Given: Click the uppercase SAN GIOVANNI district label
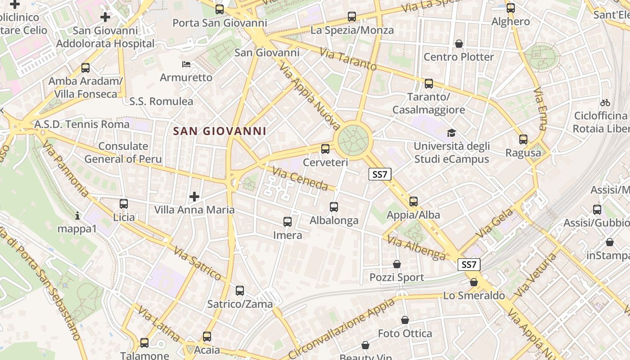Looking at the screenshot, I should click(x=220, y=131).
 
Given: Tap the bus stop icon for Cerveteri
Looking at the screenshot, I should click(x=325, y=148).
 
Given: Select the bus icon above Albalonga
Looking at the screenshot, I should click(x=334, y=207).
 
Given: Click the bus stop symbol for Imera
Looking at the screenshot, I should click(x=288, y=222).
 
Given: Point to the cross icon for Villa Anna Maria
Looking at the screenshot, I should click(x=194, y=197).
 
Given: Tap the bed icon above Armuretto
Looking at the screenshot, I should click(x=186, y=64).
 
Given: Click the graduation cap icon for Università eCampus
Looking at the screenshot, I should click(x=451, y=133).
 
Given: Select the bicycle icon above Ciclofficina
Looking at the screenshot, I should click(x=605, y=103).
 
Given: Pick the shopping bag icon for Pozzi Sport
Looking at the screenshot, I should click(x=397, y=264).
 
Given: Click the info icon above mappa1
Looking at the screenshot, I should click(x=77, y=216).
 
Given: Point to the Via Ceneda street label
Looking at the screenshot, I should click(x=300, y=179).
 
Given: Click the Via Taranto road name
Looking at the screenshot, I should click(x=348, y=59).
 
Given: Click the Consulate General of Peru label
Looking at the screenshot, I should click(x=123, y=153).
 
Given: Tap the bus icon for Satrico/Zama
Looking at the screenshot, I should click(x=240, y=291).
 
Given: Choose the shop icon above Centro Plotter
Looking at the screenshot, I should click(x=459, y=44).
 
